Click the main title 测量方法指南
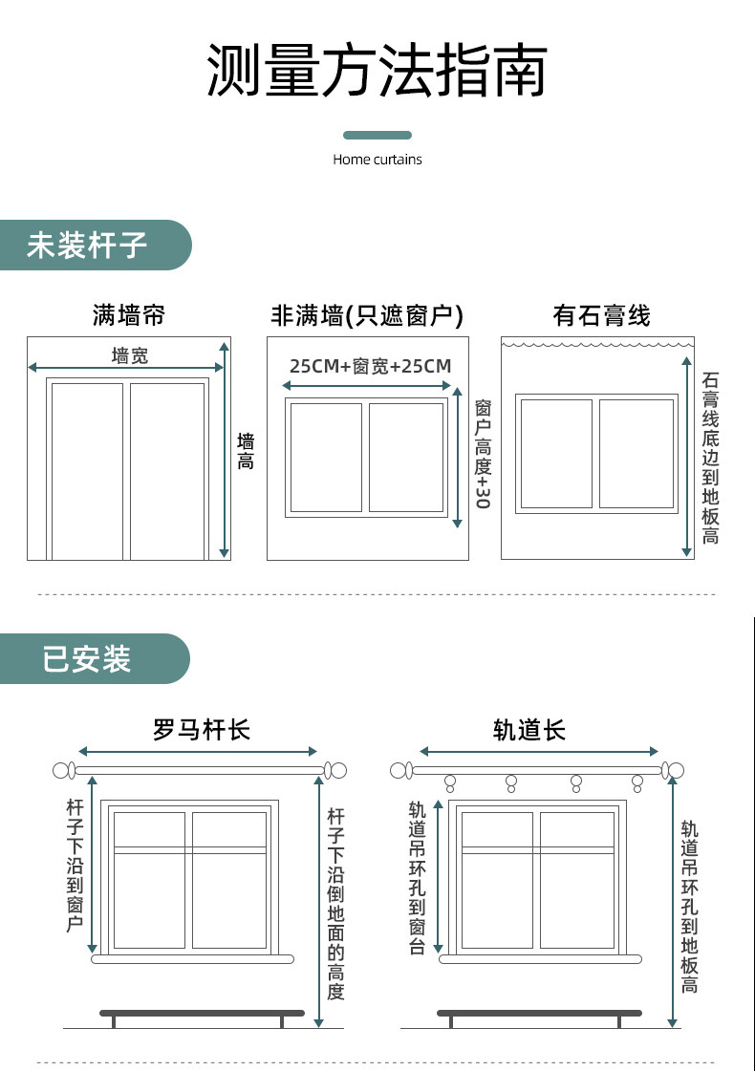377,72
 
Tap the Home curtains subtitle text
377,160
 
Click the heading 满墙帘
128,314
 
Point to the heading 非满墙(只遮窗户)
367,315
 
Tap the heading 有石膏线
601,315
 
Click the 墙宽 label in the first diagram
130,356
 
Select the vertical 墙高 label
246,451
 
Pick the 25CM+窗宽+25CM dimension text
370,366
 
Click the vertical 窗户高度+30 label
482,454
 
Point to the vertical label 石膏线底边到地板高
710,459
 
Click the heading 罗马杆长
201,731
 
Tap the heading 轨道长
529,731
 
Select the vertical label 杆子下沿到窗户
75,865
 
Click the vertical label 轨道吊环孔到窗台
417,877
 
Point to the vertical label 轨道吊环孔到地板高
689,906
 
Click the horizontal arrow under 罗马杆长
198,752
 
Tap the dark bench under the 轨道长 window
539,1013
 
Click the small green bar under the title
377,136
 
